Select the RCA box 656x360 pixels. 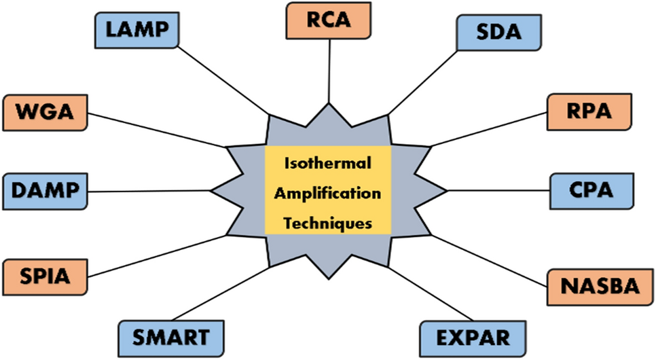point(329,20)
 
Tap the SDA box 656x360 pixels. point(499,32)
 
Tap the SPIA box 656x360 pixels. point(45,276)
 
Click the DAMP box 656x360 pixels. point(46,191)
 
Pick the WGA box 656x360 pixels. point(45,112)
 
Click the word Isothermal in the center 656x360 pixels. point(327,164)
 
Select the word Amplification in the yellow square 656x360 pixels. point(327,193)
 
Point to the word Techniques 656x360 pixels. point(327,222)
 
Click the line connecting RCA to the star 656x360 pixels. point(329,71)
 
